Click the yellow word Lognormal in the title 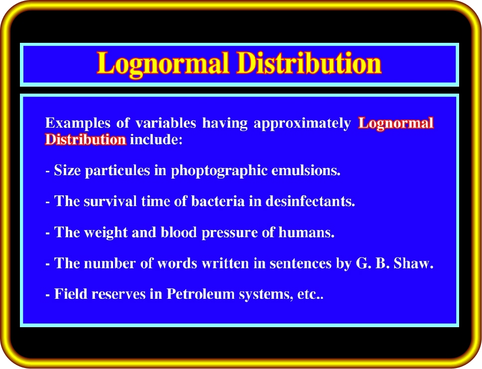[163, 64]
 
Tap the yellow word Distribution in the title [309, 63]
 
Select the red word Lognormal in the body [396, 123]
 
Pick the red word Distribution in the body [86, 139]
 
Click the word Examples [78, 123]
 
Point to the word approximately [302, 124]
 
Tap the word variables [166, 123]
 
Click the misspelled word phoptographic [219, 171]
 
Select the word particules [118, 171]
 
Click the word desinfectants [310, 201]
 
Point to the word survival [110, 201]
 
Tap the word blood [179, 232]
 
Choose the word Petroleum [201, 294]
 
